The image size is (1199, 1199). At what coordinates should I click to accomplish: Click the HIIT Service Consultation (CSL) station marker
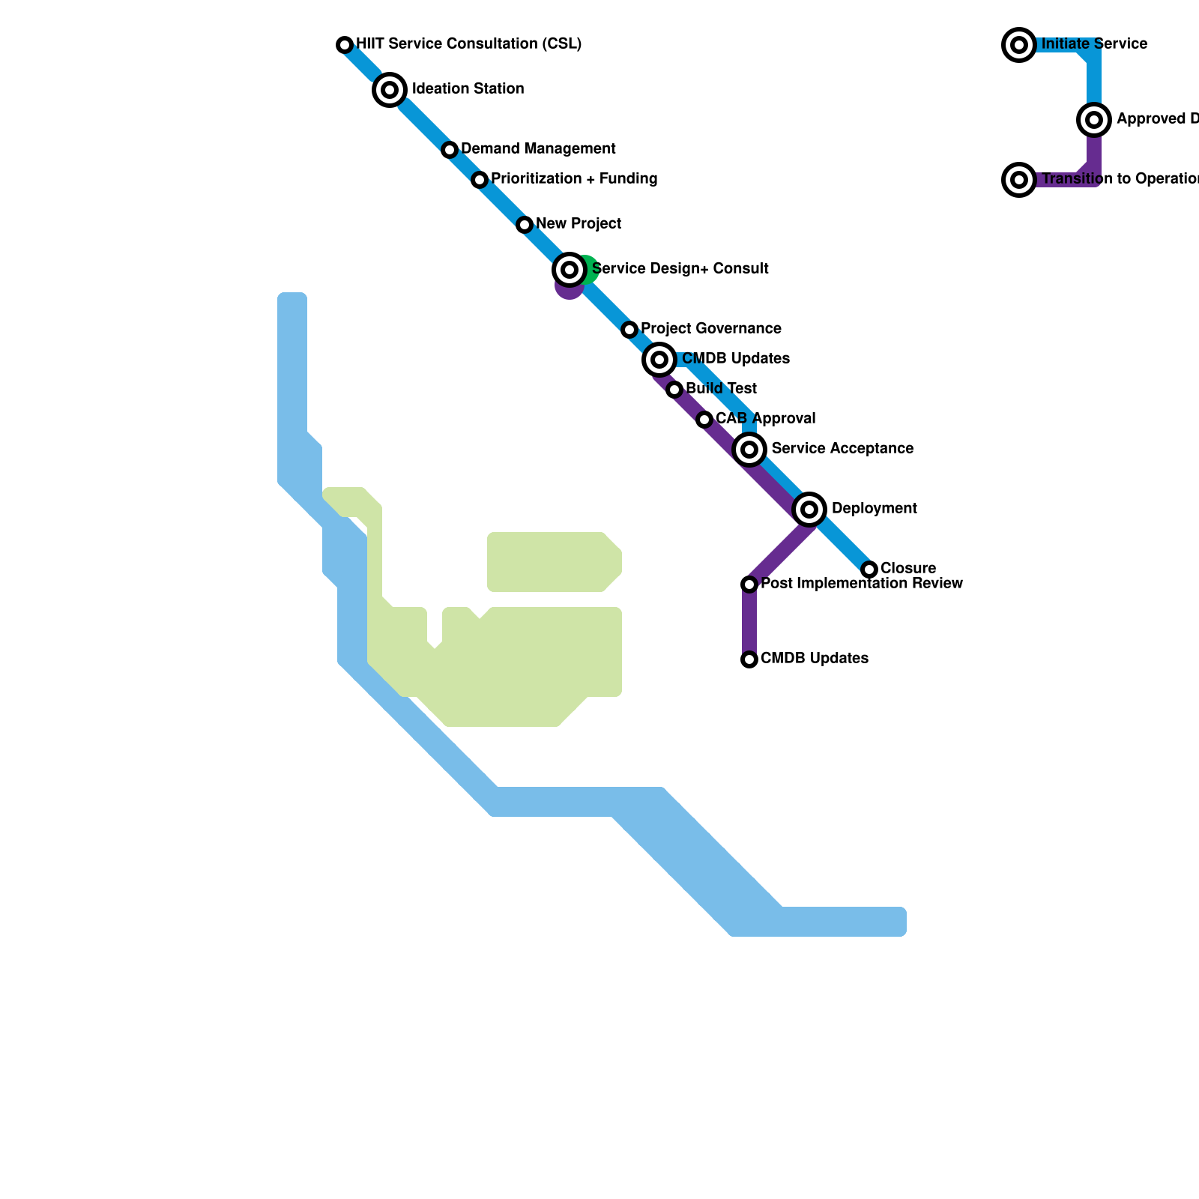point(345,45)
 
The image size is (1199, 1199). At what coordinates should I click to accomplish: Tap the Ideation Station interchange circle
point(390,90)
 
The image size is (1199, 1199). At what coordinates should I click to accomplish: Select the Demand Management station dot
point(450,150)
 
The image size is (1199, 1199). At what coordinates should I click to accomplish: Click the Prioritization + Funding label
point(574,179)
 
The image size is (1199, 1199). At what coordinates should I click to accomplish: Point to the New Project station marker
point(525,225)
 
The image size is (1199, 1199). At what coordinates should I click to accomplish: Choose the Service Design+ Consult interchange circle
point(570,270)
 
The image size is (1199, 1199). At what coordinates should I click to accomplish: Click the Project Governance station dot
point(629,330)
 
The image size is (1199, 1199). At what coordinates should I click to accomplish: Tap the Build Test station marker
point(674,390)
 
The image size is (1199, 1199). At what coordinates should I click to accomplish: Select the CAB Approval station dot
point(704,420)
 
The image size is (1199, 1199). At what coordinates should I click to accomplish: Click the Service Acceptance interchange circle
point(749,450)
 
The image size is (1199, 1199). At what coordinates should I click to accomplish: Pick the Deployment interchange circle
point(809,510)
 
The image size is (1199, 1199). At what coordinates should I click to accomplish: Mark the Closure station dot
point(869,570)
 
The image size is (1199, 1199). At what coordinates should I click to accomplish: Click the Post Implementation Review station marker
point(749,585)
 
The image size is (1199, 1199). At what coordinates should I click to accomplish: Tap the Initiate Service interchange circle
point(1019,45)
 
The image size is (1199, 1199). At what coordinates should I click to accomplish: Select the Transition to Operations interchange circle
point(1019,180)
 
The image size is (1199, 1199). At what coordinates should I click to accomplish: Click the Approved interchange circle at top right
point(1094,120)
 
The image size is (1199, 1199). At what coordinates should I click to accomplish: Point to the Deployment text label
point(874,509)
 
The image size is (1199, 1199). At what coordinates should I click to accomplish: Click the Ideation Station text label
point(468,89)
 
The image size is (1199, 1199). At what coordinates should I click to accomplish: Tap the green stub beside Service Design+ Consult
point(590,268)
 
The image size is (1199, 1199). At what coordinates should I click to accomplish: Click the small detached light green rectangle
point(553,562)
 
